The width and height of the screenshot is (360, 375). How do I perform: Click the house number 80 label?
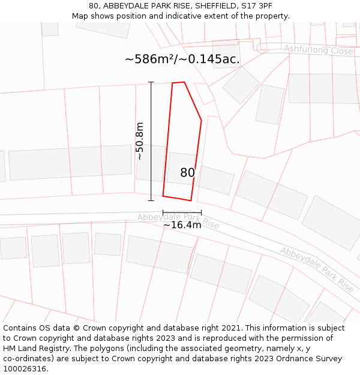[x=187, y=173]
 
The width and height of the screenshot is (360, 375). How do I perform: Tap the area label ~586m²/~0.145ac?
[x=182, y=59]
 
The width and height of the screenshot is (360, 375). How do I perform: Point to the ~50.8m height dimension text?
[x=139, y=141]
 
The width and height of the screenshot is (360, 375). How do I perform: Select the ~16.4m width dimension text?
[x=182, y=225]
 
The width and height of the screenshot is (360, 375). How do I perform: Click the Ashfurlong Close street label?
[x=318, y=50]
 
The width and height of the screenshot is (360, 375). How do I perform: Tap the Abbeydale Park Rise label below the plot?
[x=178, y=221]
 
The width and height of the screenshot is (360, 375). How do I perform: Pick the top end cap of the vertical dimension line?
[x=151, y=82]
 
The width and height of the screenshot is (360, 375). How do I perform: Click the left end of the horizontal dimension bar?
[x=163, y=212]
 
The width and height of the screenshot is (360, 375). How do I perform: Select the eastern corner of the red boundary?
[x=201, y=121]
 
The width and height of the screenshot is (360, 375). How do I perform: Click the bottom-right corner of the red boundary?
[x=191, y=200]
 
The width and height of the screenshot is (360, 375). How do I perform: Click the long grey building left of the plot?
[x=70, y=162]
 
